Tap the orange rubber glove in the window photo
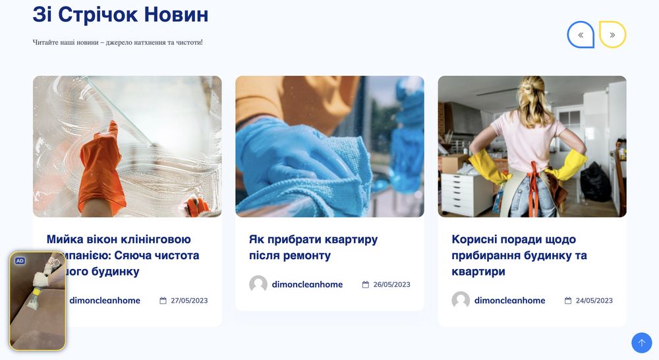101,168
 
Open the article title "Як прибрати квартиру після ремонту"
313,247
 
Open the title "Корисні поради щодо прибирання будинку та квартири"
519,255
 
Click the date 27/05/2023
189,301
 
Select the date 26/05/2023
391,285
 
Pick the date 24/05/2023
594,301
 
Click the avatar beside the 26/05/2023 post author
258,284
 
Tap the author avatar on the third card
461,300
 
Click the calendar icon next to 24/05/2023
568,301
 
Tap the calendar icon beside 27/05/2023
163,301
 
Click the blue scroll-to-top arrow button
641,343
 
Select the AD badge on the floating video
20,261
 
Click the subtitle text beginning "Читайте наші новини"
118,42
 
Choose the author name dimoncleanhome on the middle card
307,285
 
